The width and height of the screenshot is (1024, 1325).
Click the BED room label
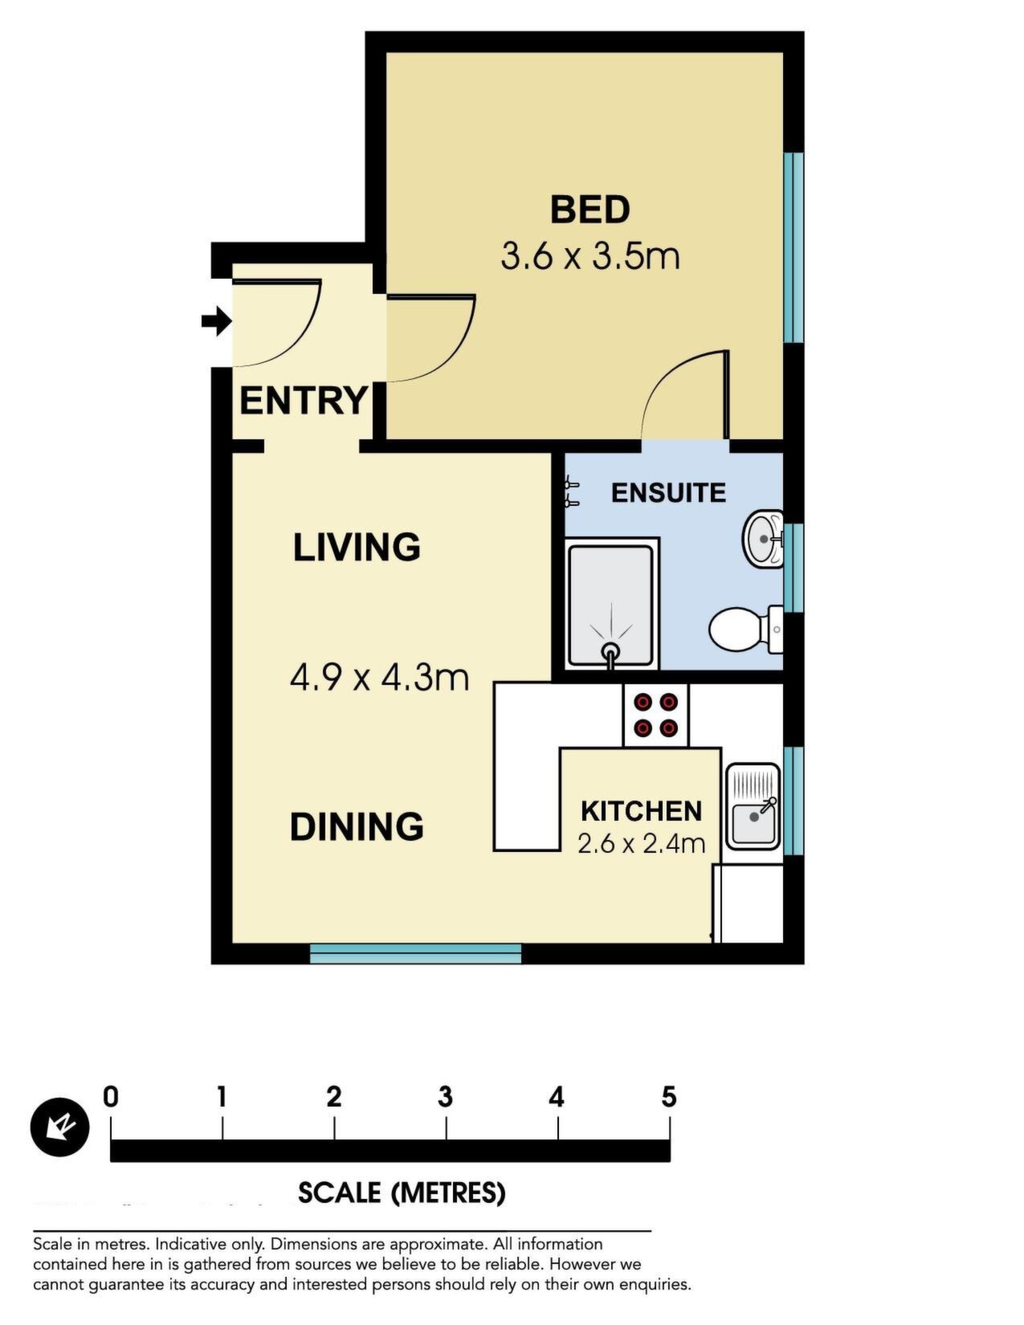tap(590, 209)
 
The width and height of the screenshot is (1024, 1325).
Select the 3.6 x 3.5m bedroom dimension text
tap(590, 256)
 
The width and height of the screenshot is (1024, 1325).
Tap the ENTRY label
tap(303, 401)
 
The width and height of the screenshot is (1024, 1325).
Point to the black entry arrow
tap(216, 320)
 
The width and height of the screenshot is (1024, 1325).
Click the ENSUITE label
tap(668, 493)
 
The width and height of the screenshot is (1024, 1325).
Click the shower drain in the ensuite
tap(610, 650)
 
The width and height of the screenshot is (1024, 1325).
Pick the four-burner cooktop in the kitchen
tap(655, 715)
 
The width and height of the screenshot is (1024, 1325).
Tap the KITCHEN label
tap(641, 811)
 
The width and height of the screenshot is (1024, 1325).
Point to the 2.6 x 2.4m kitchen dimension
tap(641, 844)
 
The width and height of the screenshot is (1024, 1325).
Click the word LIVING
tap(357, 547)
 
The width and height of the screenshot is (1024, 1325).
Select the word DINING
tap(357, 827)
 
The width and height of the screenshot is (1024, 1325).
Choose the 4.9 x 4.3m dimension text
tap(379, 678)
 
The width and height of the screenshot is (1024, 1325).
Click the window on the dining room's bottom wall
tap(415, 954)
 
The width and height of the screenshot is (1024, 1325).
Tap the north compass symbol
tap(59, 1127)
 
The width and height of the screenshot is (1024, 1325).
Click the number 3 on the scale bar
tap(445, 1098)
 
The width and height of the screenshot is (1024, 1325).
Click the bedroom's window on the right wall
tap(793, 247)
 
